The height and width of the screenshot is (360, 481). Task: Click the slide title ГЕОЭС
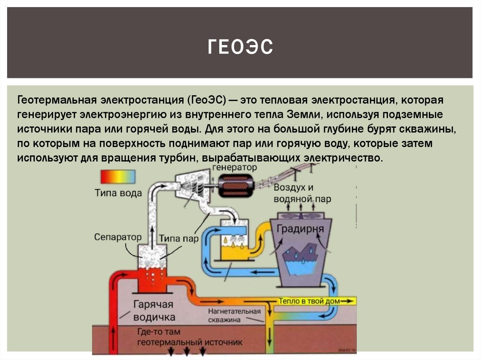[240, 47]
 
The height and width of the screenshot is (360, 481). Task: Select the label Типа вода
[118, 193]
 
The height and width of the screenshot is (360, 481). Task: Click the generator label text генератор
[235, 167]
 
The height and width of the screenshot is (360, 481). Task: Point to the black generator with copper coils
[237, 186]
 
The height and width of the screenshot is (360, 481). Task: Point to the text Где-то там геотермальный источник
[190, 337]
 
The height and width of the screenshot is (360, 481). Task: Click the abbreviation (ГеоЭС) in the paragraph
[209, 100]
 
